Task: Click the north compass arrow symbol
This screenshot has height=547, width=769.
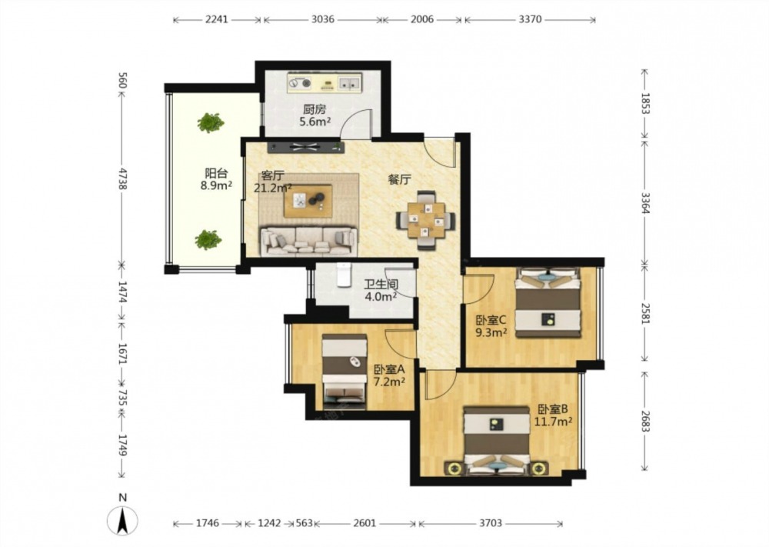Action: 122,520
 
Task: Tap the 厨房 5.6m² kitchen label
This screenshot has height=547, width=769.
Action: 315,115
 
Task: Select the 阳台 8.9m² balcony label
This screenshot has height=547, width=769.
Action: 216,179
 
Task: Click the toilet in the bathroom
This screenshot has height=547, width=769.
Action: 345,275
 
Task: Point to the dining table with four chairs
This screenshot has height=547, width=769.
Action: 426,220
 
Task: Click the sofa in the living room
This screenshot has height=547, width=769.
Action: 308,241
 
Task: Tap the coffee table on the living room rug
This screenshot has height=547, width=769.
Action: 308,201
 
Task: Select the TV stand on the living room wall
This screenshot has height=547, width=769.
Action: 306,146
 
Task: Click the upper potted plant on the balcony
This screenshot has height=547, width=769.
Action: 211,122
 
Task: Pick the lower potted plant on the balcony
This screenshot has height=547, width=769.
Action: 208,239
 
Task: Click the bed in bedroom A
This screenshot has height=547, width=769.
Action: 345,372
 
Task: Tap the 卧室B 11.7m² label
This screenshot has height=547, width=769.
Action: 553,415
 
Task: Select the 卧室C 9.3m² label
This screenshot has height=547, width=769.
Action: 491,326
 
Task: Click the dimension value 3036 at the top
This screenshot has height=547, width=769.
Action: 323,20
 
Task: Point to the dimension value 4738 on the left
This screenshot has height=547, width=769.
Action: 122,178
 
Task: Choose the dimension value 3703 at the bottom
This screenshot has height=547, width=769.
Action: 491,523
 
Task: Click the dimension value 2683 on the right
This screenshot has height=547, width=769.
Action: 644,421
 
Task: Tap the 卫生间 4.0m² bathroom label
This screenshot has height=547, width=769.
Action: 381,290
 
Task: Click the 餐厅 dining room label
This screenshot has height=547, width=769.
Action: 399,179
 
